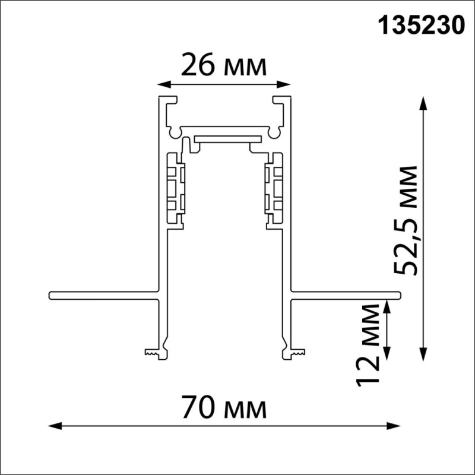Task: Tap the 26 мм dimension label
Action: [x=224, y=66]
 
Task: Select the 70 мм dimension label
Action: [x=224, y=408]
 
